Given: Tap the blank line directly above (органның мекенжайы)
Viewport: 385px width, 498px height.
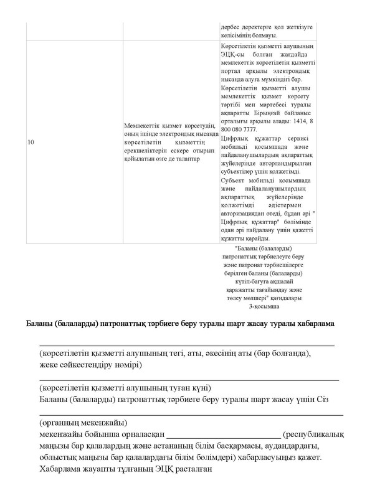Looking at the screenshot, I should [191, 414].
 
